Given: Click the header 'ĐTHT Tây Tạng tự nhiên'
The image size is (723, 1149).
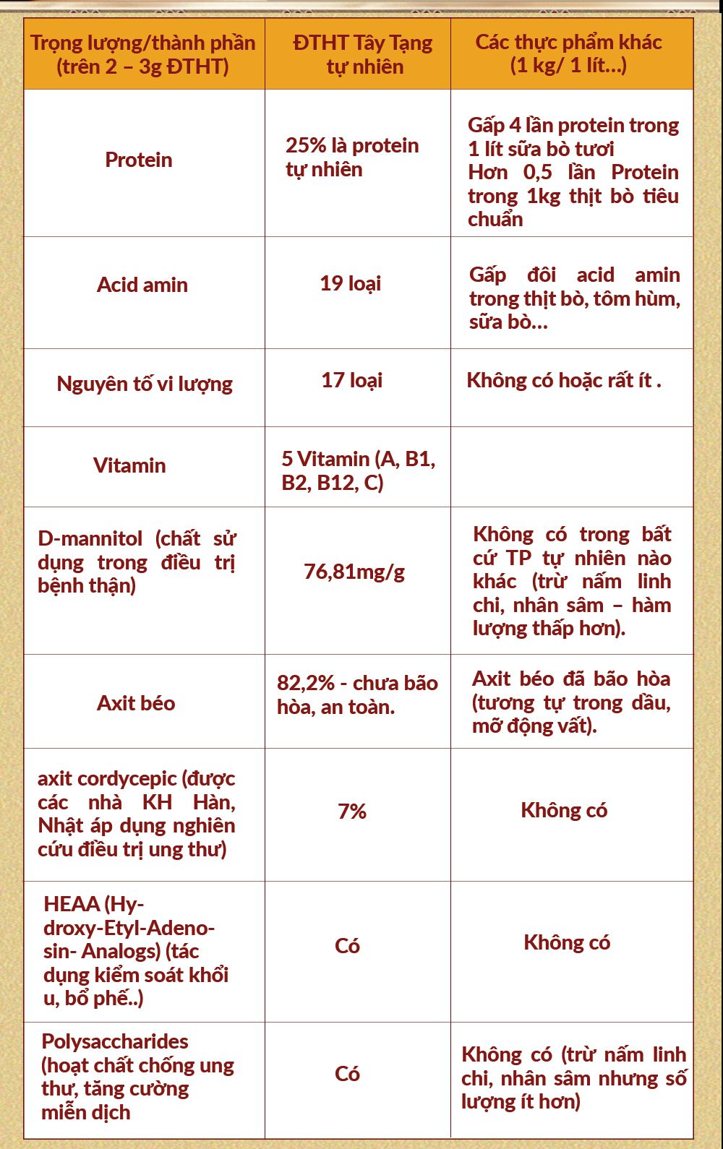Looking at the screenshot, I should coord(363,54).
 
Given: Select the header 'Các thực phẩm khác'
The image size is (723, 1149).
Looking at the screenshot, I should coord(568,53).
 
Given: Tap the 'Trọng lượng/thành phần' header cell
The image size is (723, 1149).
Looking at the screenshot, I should coord(142,54).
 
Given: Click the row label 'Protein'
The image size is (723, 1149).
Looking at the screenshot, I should coord(139,160).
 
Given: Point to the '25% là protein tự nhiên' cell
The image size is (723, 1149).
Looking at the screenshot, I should coord(352,157).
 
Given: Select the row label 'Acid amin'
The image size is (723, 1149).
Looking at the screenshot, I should coord(142,285).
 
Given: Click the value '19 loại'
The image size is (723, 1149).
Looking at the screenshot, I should coord(351,283).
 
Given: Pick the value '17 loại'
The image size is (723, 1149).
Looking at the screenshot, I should coord(352,380).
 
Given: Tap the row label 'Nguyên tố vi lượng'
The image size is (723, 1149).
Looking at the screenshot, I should coord(145,384).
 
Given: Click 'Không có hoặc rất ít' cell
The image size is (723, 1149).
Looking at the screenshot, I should coord(563,380).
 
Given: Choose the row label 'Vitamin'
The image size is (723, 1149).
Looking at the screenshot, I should coord(129,465).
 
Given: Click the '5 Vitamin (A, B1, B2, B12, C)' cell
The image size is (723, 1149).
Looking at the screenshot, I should coord(359,470).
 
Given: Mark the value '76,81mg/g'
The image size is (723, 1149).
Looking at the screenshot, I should coord(354,572).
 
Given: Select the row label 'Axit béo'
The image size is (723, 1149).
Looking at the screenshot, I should coord(136,703).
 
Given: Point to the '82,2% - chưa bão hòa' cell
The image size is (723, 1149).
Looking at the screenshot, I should coord(357,694).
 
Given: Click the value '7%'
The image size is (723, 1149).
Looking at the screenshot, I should coord(352,812).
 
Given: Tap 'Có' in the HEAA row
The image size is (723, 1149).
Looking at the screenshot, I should coord(348,946).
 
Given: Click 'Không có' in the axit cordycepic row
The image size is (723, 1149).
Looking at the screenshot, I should coord(564,811).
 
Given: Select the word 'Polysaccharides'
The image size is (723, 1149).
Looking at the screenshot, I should coord(115,1041).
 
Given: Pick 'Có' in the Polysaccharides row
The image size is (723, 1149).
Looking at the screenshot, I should coord(348,1074).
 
